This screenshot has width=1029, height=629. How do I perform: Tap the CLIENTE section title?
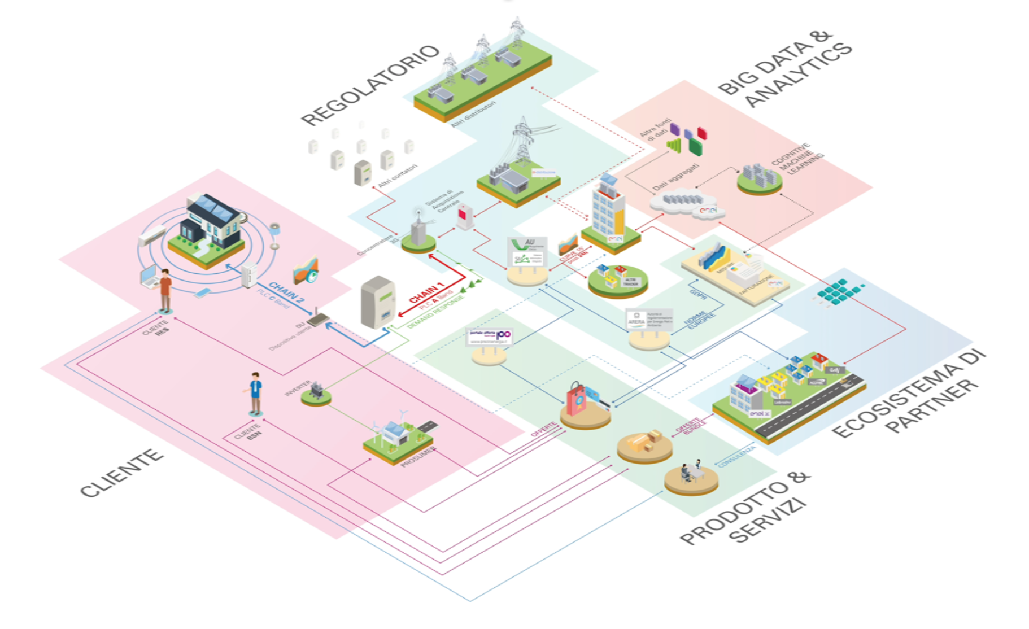[x=121, y=473]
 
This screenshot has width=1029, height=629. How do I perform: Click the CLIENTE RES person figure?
[x=165, y=290]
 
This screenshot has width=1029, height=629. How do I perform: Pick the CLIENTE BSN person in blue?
[x=256, y=393]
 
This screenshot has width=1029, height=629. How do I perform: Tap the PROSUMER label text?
[x=418, y=456]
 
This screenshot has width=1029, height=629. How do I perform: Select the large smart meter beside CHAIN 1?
[x=378, y=302]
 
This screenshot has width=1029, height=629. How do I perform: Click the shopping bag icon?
[x=576, y=399]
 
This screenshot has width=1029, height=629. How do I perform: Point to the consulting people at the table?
[x=691, y=471]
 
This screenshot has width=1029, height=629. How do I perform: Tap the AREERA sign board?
[x=649, y=320]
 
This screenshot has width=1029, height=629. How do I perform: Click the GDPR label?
[x=698, y=294]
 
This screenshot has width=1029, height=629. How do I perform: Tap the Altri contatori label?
[x=398, y=176]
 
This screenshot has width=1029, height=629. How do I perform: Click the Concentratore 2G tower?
[x=418, y=231]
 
